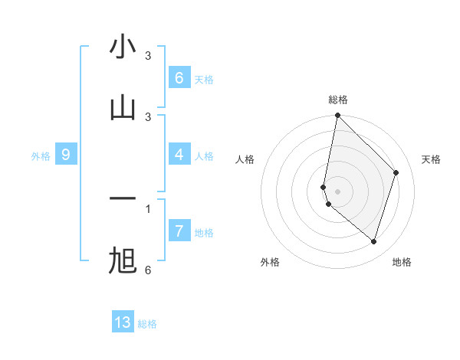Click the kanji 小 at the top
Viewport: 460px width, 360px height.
coord(123,47)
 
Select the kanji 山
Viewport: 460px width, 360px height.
coord(123,108)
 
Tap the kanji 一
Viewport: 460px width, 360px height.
coord(123,199)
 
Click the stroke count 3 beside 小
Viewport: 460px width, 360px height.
coord(148,56)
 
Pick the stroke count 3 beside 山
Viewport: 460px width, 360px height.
coord(148,116)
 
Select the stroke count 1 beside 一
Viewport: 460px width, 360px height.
coord(148,208)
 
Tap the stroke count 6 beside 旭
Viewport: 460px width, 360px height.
coord(148,270)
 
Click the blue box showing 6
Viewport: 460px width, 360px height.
coord(179,78)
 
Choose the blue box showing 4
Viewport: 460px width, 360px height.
coord(179,155)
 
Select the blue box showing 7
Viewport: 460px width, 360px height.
coord(179,231)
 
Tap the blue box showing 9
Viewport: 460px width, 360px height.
coord(66,155)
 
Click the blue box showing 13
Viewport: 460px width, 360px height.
coord(123,322)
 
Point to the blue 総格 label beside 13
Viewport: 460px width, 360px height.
coord(147,324)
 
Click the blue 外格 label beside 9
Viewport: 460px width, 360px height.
coord(41,156)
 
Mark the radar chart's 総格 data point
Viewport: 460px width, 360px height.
coord(337,115)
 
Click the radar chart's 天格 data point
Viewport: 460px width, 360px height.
coord(396,172)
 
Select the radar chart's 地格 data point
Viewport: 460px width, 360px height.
coord(374,242)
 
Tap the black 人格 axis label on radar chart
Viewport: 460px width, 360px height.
coord(245,159)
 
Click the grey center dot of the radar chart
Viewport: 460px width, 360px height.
coord(337,191)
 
